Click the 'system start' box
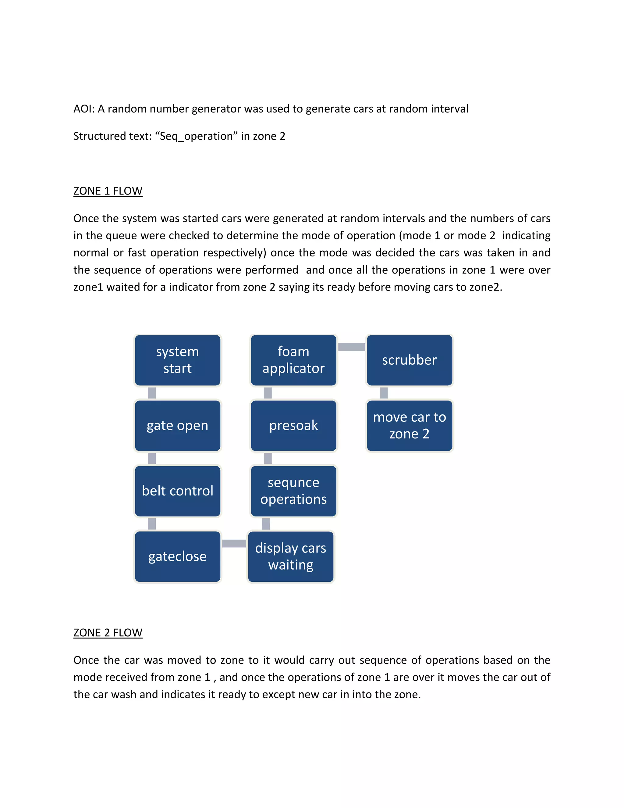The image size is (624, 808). click(177, 360)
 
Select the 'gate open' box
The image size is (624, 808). click(177, 425)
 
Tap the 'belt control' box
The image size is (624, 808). click(177, 491)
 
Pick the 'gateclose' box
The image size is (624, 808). click(177, 556)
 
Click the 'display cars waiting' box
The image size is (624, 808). click(291, 556)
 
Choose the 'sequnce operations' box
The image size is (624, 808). click(293, 491)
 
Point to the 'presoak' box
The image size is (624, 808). click(293, 425)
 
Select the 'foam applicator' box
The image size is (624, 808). click(293, 360)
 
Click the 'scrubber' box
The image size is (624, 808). click(409, 360)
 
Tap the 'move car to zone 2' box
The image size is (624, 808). click(409, 425)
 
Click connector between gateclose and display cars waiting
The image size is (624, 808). click(234, 543)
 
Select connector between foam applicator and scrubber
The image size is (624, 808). click(352, 347)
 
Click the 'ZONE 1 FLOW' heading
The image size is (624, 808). click(108, 191)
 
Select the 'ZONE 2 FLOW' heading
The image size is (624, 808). click(108, 633)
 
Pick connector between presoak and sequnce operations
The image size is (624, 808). click(268, 458)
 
